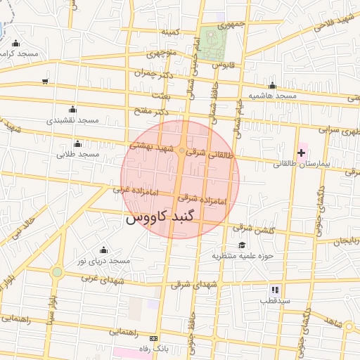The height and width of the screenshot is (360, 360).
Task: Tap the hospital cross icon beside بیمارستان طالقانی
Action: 302,153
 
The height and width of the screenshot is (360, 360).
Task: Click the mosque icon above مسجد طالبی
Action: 77,143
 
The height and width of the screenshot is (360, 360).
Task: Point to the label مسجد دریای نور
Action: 104,261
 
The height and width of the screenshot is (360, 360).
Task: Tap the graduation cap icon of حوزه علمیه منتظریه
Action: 242,245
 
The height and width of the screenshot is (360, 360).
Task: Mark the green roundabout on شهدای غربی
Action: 57,272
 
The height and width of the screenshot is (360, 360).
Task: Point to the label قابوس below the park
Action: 222,65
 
